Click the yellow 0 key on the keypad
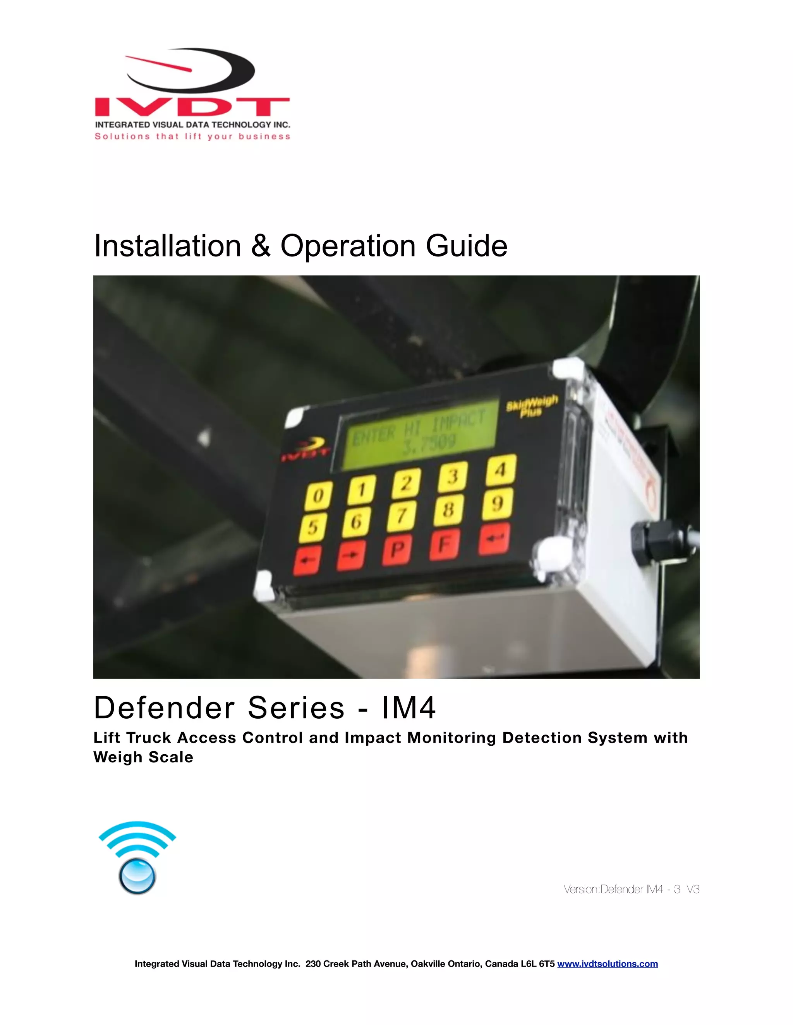(319, 495)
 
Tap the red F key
(445, 545)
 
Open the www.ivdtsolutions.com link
(607, 964)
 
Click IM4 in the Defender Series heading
(408, 708)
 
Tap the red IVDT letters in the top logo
(192, 107)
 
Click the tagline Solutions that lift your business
(192, 137)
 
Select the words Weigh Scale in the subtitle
(143, 757)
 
